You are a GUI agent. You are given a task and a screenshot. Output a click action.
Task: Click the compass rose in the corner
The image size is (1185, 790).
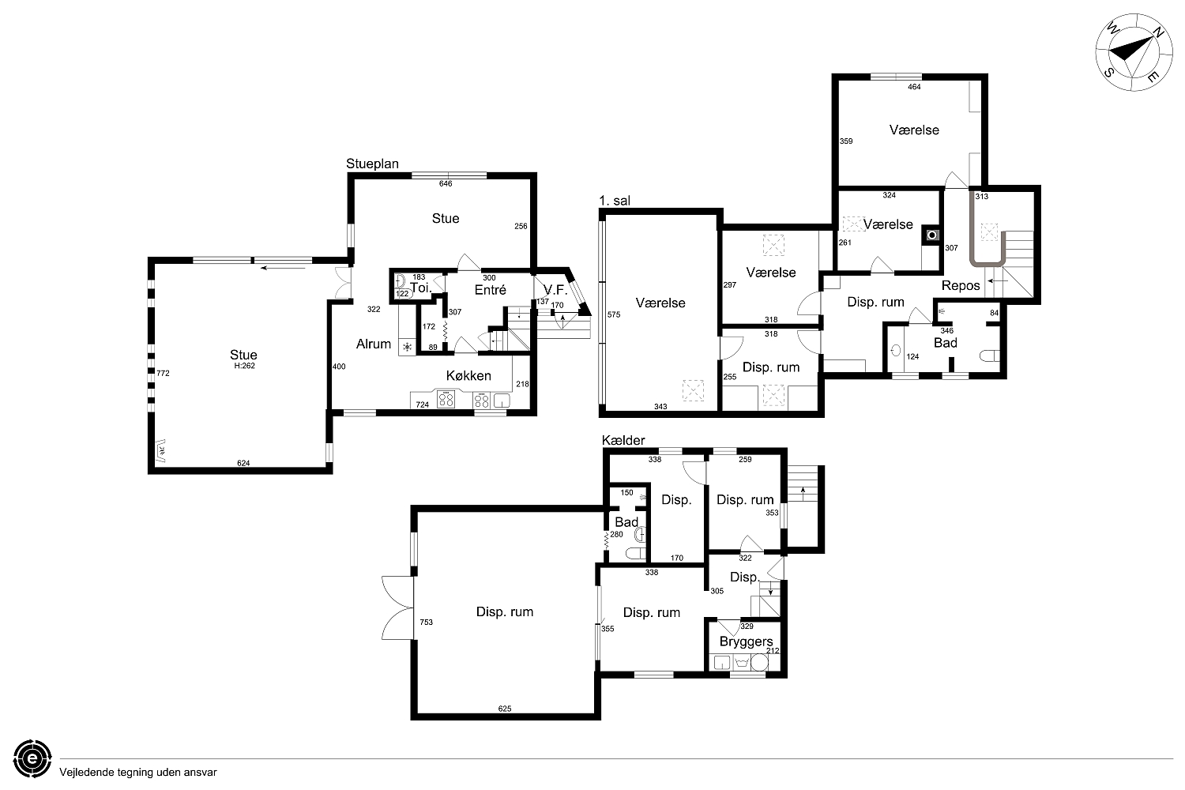pos(1127,52)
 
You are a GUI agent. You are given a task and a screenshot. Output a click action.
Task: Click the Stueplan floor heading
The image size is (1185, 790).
pos(372,164)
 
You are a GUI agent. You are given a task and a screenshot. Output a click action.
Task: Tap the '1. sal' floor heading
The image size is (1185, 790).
pos(614,201)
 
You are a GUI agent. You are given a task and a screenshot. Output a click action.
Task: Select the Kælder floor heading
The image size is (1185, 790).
pos(623,440)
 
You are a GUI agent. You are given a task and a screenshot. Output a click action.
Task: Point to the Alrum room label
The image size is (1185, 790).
pos(374,344)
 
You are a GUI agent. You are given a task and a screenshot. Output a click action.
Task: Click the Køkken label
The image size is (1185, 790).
pos(468,376)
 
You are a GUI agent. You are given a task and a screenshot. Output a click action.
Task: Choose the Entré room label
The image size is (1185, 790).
pos(490,290)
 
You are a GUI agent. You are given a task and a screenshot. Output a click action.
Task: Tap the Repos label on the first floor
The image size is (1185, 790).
pos(961,286)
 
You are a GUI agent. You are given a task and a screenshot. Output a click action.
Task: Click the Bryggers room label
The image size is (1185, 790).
pos(746,641)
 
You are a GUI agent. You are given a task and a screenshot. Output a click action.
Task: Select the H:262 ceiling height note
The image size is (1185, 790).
pos(244,366)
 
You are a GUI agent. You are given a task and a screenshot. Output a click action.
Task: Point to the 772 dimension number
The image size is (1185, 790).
pos(163,373)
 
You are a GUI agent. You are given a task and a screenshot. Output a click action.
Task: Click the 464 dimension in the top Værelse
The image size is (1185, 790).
pos(914,87)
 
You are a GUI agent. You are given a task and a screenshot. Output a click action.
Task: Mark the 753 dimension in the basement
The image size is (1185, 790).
pos(427,623)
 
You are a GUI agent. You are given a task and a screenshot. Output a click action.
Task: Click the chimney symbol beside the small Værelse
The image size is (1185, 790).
pos(932,235)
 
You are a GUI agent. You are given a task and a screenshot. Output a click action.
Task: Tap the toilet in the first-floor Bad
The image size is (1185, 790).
pos(989,355)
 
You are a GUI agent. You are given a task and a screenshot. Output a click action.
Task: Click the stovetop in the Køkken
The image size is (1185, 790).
pos(446,399)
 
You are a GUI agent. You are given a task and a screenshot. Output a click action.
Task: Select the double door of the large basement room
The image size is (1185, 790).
pos(397,608)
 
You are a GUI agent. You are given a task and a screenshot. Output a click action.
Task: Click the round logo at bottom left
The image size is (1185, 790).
pos(32,758)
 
